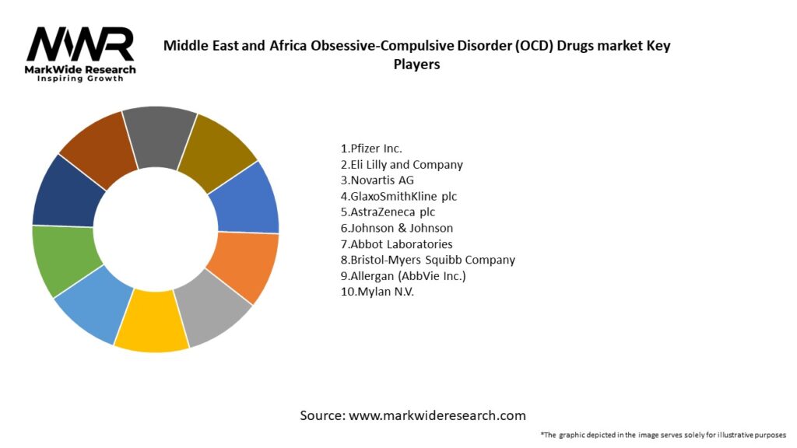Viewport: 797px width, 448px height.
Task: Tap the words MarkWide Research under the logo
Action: [x=81, y=70]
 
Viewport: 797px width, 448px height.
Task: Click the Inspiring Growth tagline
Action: [x=81, y=79]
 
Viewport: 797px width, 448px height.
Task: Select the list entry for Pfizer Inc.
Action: [x=371, y=148]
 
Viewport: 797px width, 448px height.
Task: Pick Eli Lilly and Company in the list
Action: [x=402, y=164]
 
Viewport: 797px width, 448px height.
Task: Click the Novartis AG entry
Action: [x=377, y=180]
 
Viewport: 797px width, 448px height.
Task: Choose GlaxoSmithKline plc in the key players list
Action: [x=398, y=196]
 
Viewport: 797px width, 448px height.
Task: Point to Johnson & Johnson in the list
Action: [x=397, y=228]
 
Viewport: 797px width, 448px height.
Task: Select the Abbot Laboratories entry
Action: [x=396, y=244]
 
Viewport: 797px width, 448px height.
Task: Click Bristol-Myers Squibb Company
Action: [x=427, y=260]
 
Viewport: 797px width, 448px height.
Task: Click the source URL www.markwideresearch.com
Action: [x=437, y=415]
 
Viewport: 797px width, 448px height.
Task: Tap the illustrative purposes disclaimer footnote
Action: [x=663, y=435]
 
